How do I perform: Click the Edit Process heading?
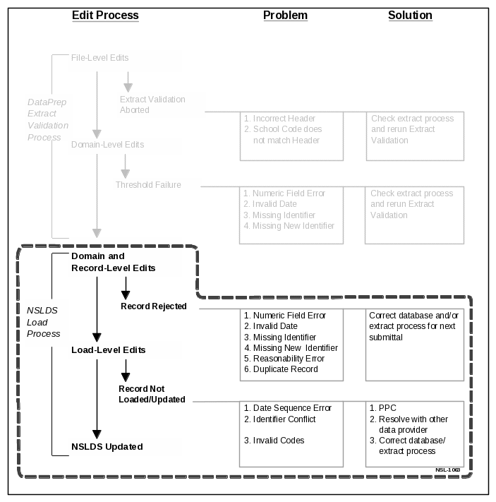tap(105, 16)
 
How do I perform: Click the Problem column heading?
tap(285, 16)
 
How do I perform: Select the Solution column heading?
tap(410, 16)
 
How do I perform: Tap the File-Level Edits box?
tap(125, 61)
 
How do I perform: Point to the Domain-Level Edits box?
tap(125, 145)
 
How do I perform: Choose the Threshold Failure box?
tap(157, 185)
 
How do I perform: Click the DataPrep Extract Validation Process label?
tap(48, 119)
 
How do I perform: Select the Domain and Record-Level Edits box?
tap(125, 262)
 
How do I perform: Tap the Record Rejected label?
tap(153, 306)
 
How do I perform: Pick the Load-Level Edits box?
tap(125, 350)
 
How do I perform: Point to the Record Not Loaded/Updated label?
tap(152, 394)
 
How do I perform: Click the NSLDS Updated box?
tap(125, 446)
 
